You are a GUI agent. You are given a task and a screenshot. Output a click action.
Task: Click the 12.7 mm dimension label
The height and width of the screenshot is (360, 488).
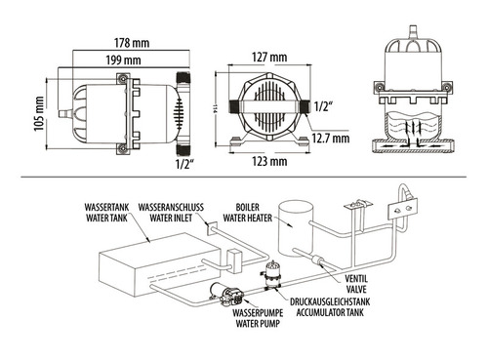(x=329, y=139)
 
